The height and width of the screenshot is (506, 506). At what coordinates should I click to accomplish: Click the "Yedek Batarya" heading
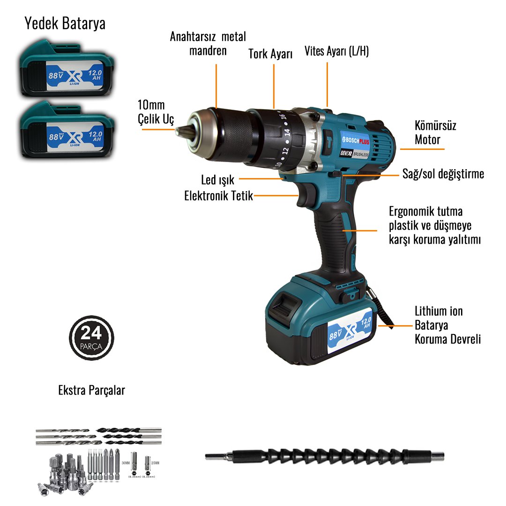[x=65, y=24]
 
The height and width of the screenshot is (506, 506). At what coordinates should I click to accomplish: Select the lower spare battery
[x=66, y=131]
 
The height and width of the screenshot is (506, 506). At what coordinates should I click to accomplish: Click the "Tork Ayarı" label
[x=270, y=54]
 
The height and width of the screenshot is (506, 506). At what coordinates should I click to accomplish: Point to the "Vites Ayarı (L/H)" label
[x=336, y=51]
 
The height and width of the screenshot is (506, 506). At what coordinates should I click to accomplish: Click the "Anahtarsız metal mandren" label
[x=208, y=44]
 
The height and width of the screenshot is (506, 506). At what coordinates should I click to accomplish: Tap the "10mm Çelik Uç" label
[x=155, y=112]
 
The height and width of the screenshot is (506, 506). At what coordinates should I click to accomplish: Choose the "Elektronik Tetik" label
[x=218, y=196]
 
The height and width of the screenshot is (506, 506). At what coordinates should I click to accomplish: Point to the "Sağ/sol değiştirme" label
[x=443, y=174]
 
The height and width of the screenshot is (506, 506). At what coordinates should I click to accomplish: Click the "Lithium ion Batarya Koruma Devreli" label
[x=447, y=325]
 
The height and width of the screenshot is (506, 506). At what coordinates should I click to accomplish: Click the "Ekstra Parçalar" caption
[x=91, y=390]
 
